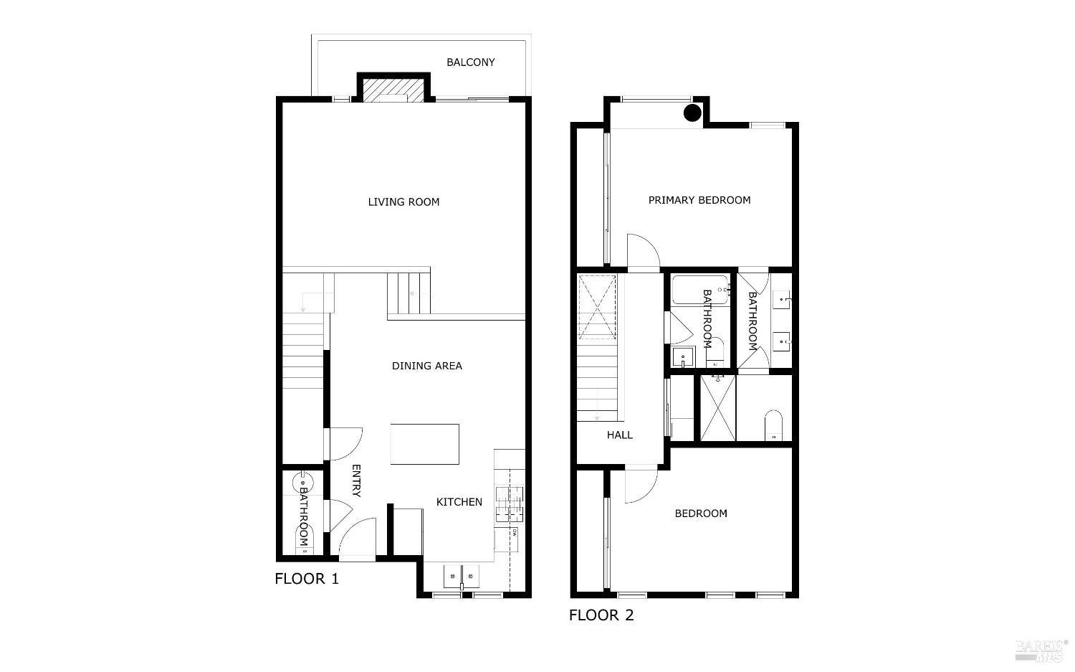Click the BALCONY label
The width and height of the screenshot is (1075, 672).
[x=471, y=62]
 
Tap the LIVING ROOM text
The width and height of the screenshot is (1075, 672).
[x=403, y=202]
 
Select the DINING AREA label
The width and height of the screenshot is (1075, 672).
[x=426, y=366]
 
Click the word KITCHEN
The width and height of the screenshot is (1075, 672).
[x=459, y=502]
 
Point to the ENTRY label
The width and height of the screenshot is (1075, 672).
[x=356, y=481]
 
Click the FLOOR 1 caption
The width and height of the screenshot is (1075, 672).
[x=307, y=579]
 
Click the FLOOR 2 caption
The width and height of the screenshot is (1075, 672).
[x=601, y=615]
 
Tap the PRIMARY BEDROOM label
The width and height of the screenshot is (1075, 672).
[x=699, y=200]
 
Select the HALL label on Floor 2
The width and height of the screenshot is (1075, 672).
[x=620, y=435]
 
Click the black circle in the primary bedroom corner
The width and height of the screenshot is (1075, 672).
[x=692, y=113]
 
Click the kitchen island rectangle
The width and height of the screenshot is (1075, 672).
[x=425, y=444]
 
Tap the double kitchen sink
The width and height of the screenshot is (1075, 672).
[x=462, y=574]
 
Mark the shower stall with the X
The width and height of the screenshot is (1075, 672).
[x=718, y=407]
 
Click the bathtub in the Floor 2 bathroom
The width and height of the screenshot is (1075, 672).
[x=700, y=289]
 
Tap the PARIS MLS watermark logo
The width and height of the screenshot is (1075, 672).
[x=1041, y=649]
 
